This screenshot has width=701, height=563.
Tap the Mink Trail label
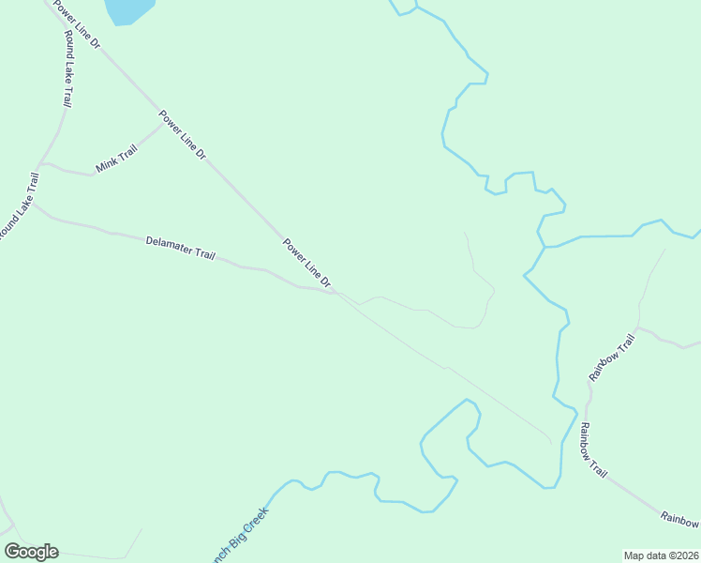[116, 160]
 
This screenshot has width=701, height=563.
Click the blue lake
[129, 9]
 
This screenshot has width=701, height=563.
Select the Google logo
[31, 551]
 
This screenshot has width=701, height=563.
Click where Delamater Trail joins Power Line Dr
[334, 293]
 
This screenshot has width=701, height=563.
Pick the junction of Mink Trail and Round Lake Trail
[41, 163]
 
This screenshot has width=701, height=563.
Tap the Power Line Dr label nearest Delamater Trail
[308, 263]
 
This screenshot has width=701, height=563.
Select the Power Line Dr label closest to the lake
[76, 25]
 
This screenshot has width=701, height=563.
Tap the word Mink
[105, 166]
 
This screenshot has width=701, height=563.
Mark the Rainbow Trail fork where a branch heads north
[637, 330]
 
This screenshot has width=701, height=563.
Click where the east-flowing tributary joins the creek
[545, 248]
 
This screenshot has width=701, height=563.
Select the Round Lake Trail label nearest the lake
[67, 70]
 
